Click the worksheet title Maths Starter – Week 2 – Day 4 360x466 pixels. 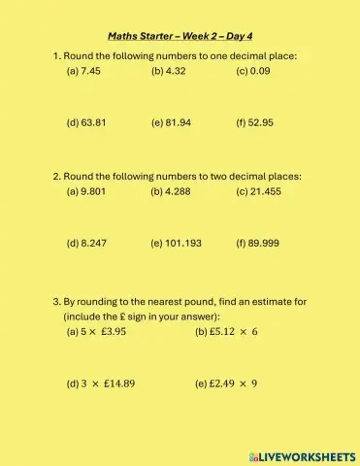[180, 36]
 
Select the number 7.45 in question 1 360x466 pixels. [90, 71]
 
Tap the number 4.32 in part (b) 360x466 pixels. [175, 71]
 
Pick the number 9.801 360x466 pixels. [93, 192]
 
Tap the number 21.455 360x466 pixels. [266, 192]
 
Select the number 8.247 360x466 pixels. [93, 244]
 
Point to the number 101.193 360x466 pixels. [183, 244]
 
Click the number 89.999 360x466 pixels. [265, 244]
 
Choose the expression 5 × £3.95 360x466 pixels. [104, 331]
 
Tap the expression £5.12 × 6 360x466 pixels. [234, 331]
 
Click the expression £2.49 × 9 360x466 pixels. [234, 383]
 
